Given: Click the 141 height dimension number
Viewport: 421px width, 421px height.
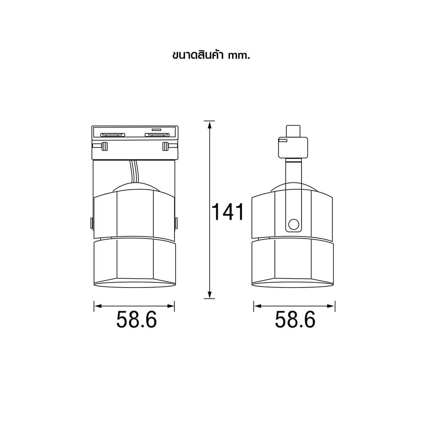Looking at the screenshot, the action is pos(228,212).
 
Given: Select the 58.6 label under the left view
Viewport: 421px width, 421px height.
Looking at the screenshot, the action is pos(136,320).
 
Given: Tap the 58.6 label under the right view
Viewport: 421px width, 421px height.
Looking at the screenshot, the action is pos(295,320).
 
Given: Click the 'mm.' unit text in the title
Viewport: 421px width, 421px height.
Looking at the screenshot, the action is pos(239,56).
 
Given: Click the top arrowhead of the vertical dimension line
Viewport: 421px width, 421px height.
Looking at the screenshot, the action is pos(209,124).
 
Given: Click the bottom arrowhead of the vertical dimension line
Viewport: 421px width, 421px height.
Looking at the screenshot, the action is pos(209,295).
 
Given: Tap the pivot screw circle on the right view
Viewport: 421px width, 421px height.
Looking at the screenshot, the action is pos(293,224).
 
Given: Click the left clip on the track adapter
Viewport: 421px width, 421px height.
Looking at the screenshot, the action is pos(104,147).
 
